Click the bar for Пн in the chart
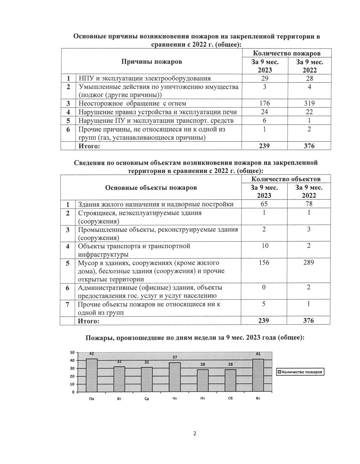(x=92, y=375)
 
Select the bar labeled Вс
(x=258, y=375)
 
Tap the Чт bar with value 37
(x=175, y=377)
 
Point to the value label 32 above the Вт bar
(x=119, y=362)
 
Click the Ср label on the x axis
(x=147, y=398)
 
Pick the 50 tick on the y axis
(x=72, y=353)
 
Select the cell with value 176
(x=265, y=103)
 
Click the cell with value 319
(x=309, y=103)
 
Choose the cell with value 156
(x=264, y=263)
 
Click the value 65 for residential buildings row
(x=264, y=204)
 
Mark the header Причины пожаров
(x=152, y=61)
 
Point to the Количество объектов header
(x=285, y=179)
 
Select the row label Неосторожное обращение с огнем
(x=133, y=103)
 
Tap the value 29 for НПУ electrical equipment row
(x=265, y=78)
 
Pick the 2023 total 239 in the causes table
(x=265, y=146)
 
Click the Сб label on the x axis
(x=230, y=398)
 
